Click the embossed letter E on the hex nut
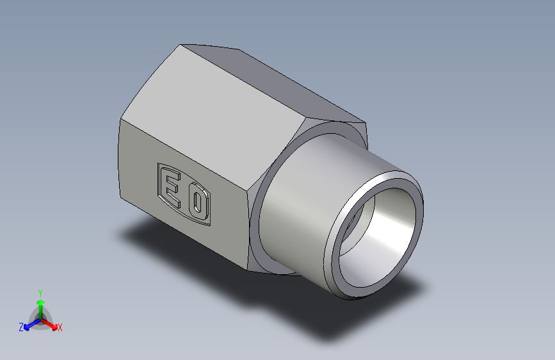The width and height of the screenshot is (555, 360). click(x=171, y=186)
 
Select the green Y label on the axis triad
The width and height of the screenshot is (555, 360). click(x=40, y=291)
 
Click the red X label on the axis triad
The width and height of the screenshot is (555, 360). click(x=60, y=327)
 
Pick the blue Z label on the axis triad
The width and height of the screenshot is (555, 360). click(x=20, y=327)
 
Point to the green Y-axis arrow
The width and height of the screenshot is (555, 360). click(x=40, y=304)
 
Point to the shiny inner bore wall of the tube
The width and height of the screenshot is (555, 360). click(x=384, y=237)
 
